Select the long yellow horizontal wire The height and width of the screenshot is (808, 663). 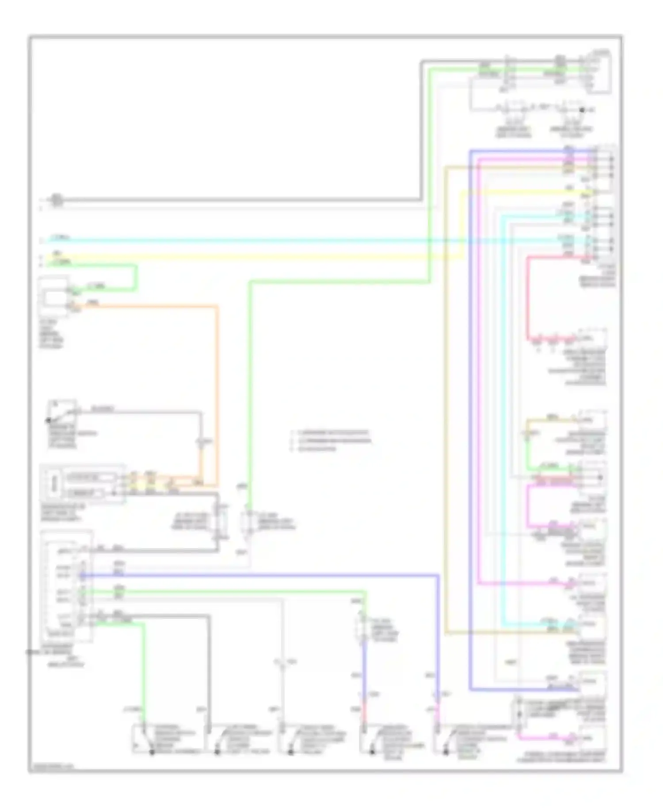point(265,256)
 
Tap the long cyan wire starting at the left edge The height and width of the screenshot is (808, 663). point(265,241)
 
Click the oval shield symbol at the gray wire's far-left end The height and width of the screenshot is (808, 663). point(56,200)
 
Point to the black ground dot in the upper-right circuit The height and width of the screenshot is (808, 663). point(582,110)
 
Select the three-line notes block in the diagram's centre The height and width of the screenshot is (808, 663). point(331,441)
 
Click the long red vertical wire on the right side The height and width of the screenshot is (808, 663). point(528,301)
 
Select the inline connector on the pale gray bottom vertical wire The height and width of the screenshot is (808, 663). point(282,663)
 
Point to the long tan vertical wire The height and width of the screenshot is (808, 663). point(446,398)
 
